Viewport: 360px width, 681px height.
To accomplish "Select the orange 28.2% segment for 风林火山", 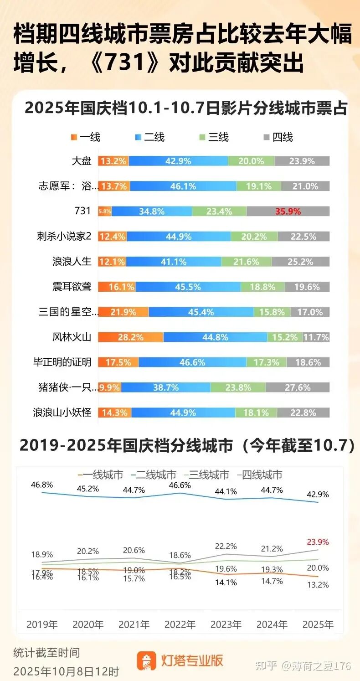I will pos(131,337).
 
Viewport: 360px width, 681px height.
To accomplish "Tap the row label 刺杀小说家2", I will pos(64,237).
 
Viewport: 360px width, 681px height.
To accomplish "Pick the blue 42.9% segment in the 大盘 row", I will pos(178,161).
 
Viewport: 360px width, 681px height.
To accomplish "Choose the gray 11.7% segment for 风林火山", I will pos(316,337).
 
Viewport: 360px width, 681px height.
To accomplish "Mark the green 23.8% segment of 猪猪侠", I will pos(238,387).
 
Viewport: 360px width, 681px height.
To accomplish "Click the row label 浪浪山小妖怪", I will pos(62,413).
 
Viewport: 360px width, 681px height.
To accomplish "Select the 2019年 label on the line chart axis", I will pos(42,624).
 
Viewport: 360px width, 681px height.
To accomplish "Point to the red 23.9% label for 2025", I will pos(317,542).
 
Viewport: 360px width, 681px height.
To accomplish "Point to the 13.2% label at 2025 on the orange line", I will pos(317,585).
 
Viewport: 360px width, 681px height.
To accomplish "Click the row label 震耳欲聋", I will pos(72,287).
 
